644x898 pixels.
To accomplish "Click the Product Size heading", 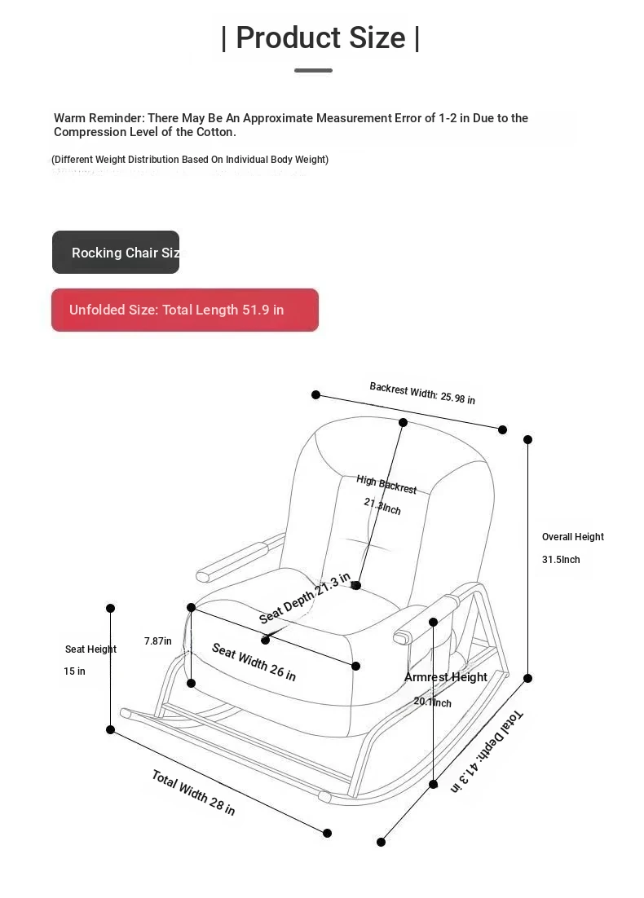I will click(x=320, y=37).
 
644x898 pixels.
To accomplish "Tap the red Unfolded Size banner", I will click(x=185, y=310).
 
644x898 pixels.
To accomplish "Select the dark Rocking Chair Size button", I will click(x=116, y=253).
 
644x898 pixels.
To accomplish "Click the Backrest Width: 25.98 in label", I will click(x=422, y=393).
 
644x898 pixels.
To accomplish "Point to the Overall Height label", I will click(x=573, y=537).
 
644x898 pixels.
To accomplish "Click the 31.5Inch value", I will click(x=561, y=560).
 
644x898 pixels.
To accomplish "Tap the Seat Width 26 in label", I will click(x=254, y=662).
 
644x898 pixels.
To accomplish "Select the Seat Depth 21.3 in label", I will click(x=305, y=598).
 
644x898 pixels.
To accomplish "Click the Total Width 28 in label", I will click(x=193, y=792).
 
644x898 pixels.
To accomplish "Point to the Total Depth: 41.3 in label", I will click(x=487, y=751).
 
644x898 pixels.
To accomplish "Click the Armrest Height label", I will click(x=446, y=677).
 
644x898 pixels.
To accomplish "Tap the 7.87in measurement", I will click(x=158, y=641).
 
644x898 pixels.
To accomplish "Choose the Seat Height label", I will click(x=90, y=649).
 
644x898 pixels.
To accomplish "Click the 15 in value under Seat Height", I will click(x=75, y=671).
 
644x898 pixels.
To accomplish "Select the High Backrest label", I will click(x=386, y=484).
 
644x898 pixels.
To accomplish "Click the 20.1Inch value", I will click(x=432, y=702).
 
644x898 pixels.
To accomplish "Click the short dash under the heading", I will click(x=313, y=71).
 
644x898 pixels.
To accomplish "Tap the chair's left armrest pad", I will click(x=232, y=561).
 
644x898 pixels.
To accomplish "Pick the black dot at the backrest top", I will click(x=403, y=422).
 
